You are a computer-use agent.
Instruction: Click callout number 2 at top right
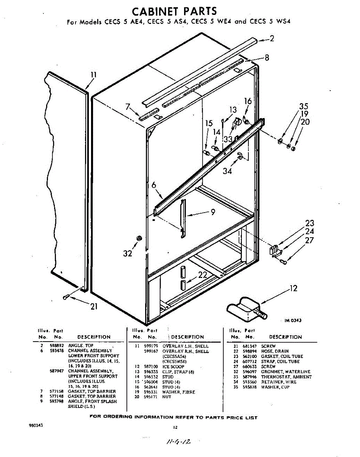pyautogui.click(x=272, y=38)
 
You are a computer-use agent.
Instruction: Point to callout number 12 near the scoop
pyautogui.click(x=293, y=289)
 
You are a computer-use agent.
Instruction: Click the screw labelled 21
pyautogui.click(x=67, y=297)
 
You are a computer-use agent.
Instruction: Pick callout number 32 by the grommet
pyautogui.click(x=127, y=253)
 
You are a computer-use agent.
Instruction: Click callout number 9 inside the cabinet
pyautogui.click(x=213, y=212)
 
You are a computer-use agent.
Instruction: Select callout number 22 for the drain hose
pyautogui.click(x=202, y=275)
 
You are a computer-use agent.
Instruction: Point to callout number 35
pyautogui.click(x=303, y=106)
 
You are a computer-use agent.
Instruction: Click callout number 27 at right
pyautogui.click(x=309, y=240)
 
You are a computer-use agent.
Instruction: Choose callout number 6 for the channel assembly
pyautogui.click(x=154, y=185)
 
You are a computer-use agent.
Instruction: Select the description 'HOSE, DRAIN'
pyautogui.click(x=275, y=351)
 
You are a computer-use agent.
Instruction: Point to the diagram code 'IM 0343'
pyautogui.click(x=293, y=320)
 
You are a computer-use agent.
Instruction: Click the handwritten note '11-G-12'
pyautogui.click(x=176, y=442)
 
